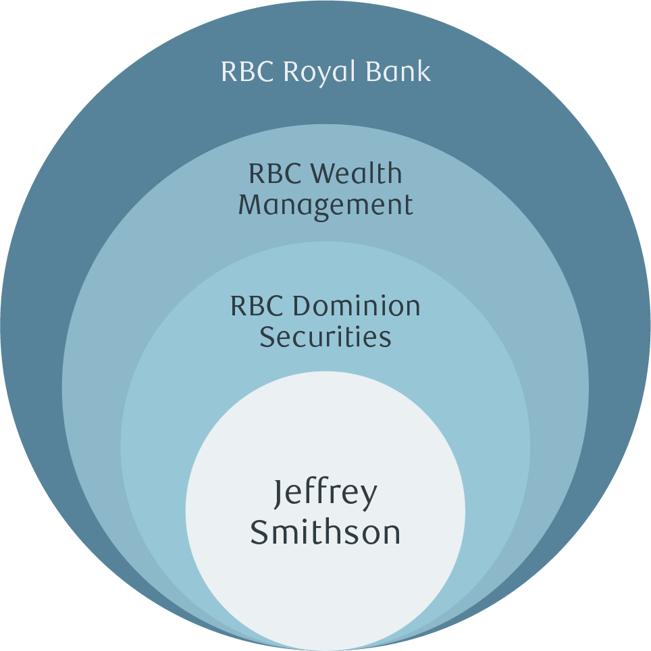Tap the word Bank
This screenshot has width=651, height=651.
tap(398, 71)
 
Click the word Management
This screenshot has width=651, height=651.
tap(325, 205)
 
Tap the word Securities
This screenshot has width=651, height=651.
tap(325, 336)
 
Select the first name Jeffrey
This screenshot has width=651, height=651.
tap(325, 495)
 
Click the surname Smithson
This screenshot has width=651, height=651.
tap(325, 531)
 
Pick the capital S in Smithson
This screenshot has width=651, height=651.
tap(260, 531)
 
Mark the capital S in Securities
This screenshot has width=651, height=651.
tap(267, 336)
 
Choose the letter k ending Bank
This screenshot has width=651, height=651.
tap(423, 71)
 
